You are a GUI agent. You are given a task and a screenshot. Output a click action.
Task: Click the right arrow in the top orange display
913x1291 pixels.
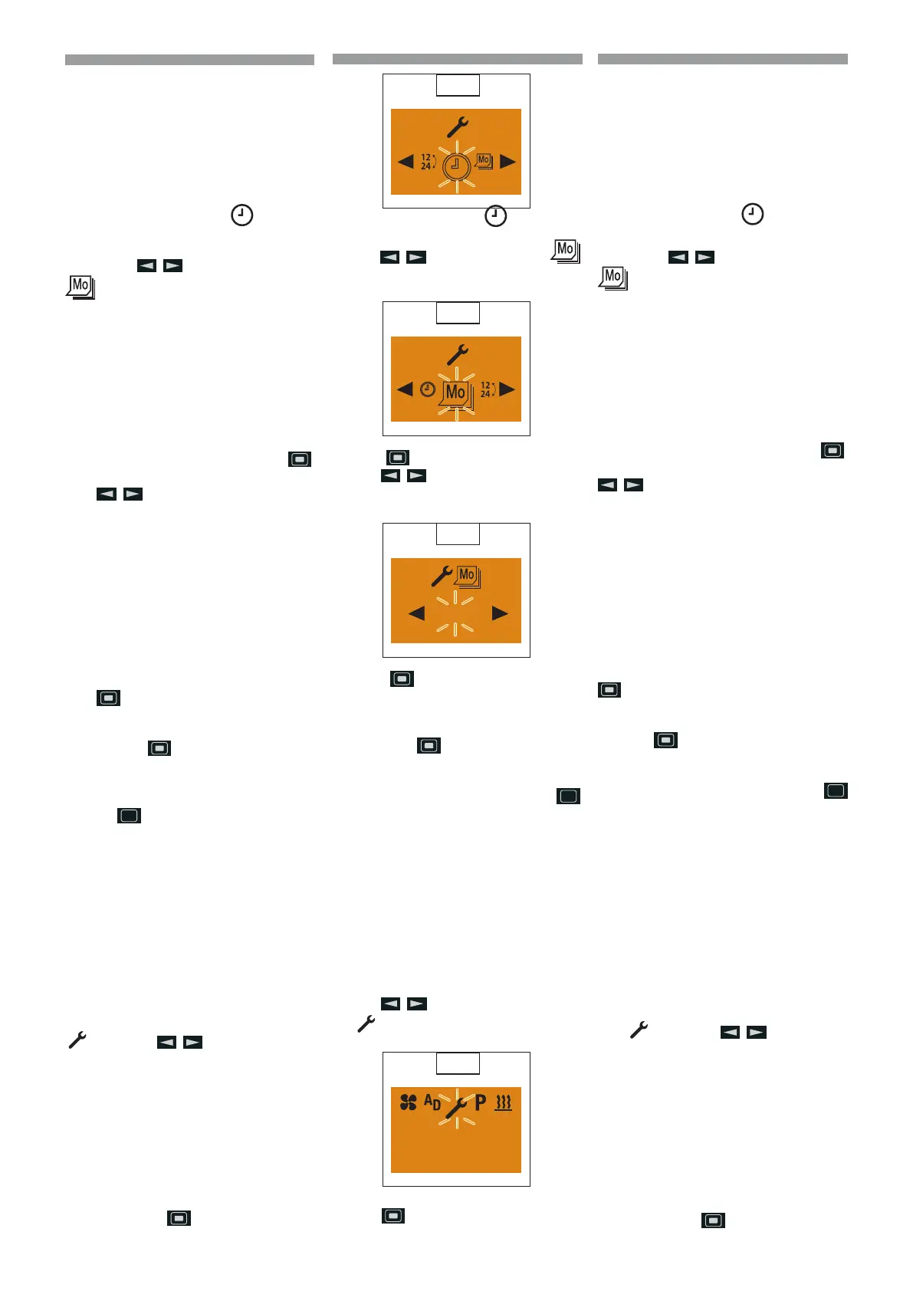(x=507, y=162)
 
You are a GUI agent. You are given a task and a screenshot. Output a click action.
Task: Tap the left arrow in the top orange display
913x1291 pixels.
(x=406, y=162)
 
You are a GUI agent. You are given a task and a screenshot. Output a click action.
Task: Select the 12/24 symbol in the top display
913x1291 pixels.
(x=427, y=162)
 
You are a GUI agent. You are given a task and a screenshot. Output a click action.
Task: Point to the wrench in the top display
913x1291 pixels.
(x=458, y=126)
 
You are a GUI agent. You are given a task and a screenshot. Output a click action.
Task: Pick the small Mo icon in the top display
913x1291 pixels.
(x=484, y=161)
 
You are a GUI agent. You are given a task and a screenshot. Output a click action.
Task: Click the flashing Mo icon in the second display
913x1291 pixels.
(x=456, y=393)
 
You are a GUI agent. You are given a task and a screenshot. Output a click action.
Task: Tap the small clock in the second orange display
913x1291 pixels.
(x=428, y=389)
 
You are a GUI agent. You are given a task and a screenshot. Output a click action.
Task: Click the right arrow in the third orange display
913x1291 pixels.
(x=500, y=613)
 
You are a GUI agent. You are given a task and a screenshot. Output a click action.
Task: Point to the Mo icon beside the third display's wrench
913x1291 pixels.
(x=468, y=576)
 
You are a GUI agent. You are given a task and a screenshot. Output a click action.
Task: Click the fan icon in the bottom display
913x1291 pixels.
(x=409, y=1102)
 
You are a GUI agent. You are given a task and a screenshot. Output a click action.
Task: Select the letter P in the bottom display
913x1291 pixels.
(x=481, y=1102)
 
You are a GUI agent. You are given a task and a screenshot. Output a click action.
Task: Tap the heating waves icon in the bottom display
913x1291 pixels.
(x=503, y=1103)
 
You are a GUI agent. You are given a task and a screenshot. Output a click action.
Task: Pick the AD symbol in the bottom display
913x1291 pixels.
(x=432, y=1102)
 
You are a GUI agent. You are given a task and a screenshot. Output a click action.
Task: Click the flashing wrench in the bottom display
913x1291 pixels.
(x=456, y=1107)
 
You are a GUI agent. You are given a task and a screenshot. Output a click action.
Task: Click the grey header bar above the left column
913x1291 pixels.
(x=189, y=60)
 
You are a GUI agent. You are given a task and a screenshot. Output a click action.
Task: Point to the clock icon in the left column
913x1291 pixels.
(x=242, y=215)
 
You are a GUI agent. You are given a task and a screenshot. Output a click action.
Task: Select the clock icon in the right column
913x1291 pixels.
(x=753, y=214)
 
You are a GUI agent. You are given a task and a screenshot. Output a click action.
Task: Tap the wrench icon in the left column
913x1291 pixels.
(x=77, y=1040)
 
